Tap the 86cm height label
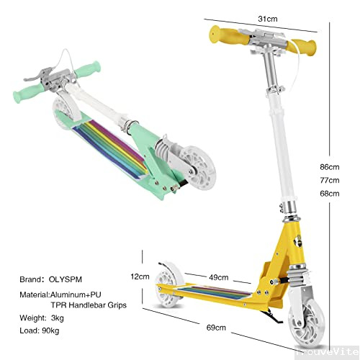point(330,167)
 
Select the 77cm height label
point(330,180)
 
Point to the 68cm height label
point(330,193)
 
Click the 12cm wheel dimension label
point(140,276)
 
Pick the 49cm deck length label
point(219,277)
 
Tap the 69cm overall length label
point(216,328)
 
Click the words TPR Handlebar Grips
point(89,305)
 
